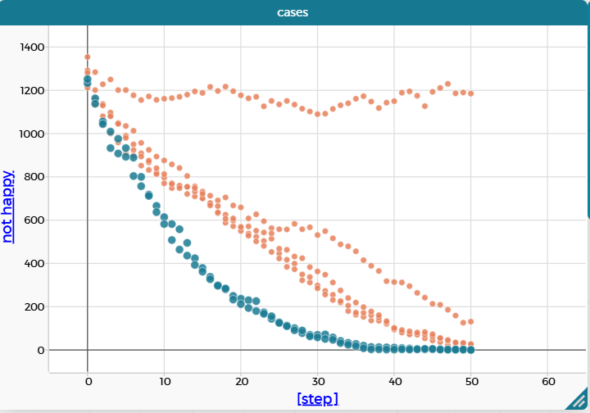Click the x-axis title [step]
pyautogui.click(x=317, y=399)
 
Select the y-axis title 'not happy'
pyautogui.click(x=8, y=206)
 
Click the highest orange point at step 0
pyautogui.click(x=88, y=57)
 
